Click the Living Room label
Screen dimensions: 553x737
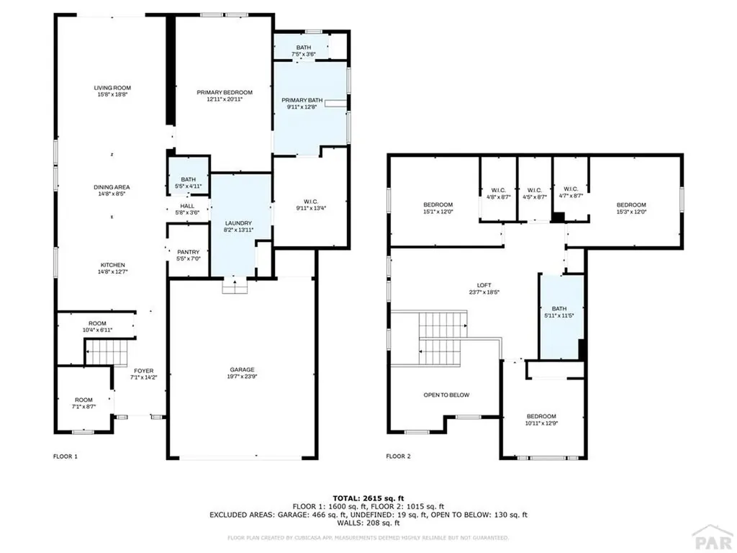coord(112,88)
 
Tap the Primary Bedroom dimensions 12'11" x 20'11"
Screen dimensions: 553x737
coord(225,99)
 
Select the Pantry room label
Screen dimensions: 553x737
coord(188,251)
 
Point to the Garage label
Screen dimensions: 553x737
coord(242,371)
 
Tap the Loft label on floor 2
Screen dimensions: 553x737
coord(475,285)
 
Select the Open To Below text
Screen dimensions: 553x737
coord(446,395)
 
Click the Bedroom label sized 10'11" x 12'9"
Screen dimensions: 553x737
coord(541,416)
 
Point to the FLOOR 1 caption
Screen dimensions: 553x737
coord(65,457)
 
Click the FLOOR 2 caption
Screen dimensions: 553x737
coord(398,457)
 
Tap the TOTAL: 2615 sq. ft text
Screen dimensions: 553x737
coord(368,498)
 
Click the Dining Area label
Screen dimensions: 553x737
coord(112,186)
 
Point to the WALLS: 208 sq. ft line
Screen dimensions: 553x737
coord(368,523)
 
